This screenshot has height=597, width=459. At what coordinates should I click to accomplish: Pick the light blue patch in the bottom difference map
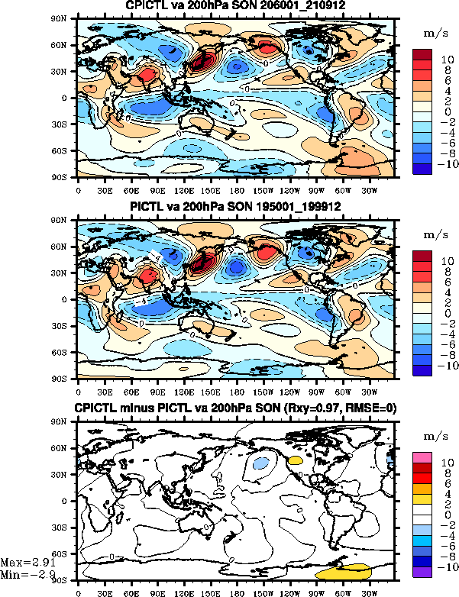click(x=261, y=463)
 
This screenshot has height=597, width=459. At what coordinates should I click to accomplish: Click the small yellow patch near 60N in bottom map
click(x=296, y=460)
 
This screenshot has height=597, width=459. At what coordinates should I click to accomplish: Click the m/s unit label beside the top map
click(x=433, y=33)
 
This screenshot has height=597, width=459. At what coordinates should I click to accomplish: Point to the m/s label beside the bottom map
click(x=433, y=434)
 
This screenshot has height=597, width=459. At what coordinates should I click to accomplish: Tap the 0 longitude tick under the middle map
click(x=79, y=389)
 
